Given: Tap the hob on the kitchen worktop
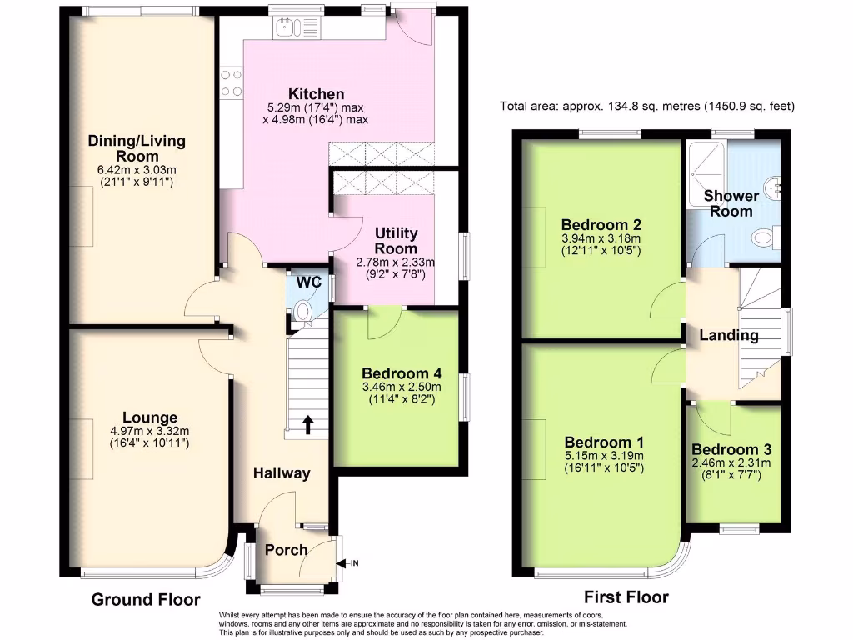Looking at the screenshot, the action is pos(232,83).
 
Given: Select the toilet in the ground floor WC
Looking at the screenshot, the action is pos(302,312).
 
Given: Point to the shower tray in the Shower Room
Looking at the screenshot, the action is pos(706,173).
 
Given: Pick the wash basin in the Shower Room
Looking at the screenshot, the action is pos(773,187).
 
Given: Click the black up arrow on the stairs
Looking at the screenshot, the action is pos(308,424).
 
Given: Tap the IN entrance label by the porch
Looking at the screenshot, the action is pos(353,563).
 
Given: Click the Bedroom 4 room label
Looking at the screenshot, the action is pos(402,373).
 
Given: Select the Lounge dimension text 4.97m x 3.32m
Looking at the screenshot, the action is pos(150,431).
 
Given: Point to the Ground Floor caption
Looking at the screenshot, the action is pos(146,600).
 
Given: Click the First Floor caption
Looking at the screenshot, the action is pos(626,597).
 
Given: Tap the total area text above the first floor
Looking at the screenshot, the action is pos(647,106).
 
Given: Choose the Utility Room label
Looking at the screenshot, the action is pos(396,241).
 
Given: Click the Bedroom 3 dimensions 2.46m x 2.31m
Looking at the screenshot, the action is pos(731,463).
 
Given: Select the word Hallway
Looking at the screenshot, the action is pos(282,473).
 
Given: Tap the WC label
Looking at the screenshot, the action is pos(309,282).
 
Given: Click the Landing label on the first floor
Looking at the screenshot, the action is pos(728,335).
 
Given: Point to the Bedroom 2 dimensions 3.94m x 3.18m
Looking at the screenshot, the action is pos(601,238).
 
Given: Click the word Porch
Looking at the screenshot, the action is pos(287,550).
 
